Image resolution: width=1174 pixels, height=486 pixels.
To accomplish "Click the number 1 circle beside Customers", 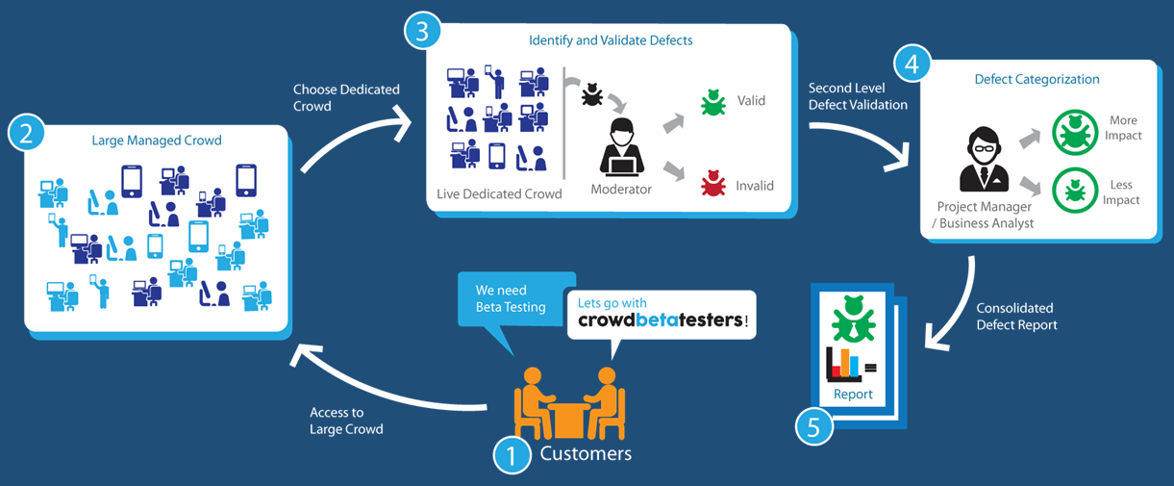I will click(512, 453).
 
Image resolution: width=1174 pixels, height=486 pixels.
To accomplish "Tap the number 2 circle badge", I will click(26, 133).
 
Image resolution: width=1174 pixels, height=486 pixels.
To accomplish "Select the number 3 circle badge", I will click(422, 31).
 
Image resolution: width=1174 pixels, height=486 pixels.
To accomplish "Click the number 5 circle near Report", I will click(813, 426).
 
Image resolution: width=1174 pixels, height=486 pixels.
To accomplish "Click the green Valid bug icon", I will click(712, 102).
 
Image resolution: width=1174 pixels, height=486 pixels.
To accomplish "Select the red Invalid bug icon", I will click(712, 182).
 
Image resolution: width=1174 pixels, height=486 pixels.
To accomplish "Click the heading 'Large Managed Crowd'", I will click(157, 141).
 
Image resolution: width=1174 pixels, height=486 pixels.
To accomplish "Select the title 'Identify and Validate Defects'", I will click(611, 40).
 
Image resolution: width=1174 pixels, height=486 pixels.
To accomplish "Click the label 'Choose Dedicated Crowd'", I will click(346, 97).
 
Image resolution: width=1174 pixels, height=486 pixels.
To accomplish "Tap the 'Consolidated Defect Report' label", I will click(1016, 317).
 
